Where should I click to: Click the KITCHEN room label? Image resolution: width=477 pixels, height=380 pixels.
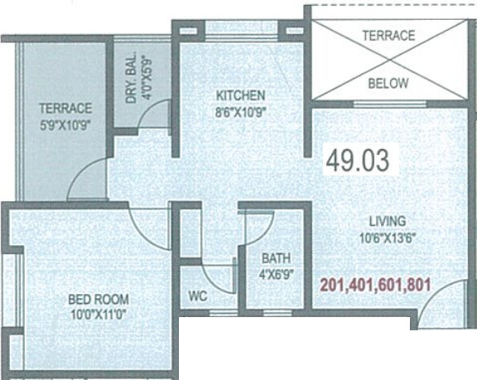pos(241,94)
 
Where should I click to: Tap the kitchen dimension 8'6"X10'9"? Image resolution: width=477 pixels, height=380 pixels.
pos(241,111)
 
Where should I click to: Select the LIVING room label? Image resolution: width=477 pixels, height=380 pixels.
pos(387,221)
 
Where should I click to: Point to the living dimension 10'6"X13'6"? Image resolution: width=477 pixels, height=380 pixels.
pos(387,237)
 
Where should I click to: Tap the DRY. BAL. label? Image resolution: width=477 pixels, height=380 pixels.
pos(132,80)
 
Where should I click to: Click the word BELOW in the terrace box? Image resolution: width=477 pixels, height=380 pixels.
pos(388,84)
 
